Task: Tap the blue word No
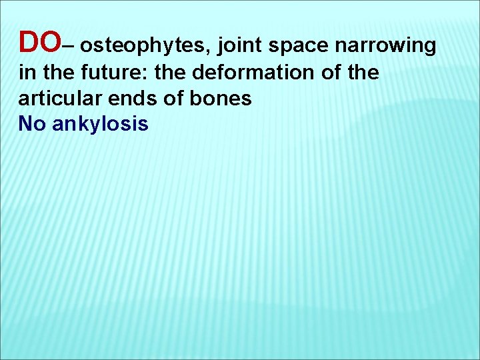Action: (31, 123)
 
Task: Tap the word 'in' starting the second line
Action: (25, 73)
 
